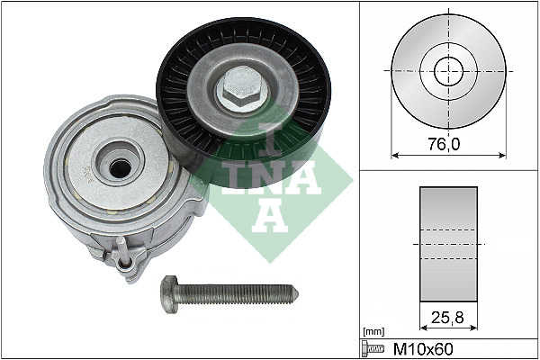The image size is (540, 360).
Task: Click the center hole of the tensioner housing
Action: [x=117, y=167]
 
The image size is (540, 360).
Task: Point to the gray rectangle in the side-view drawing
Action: [x=447, y=244]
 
